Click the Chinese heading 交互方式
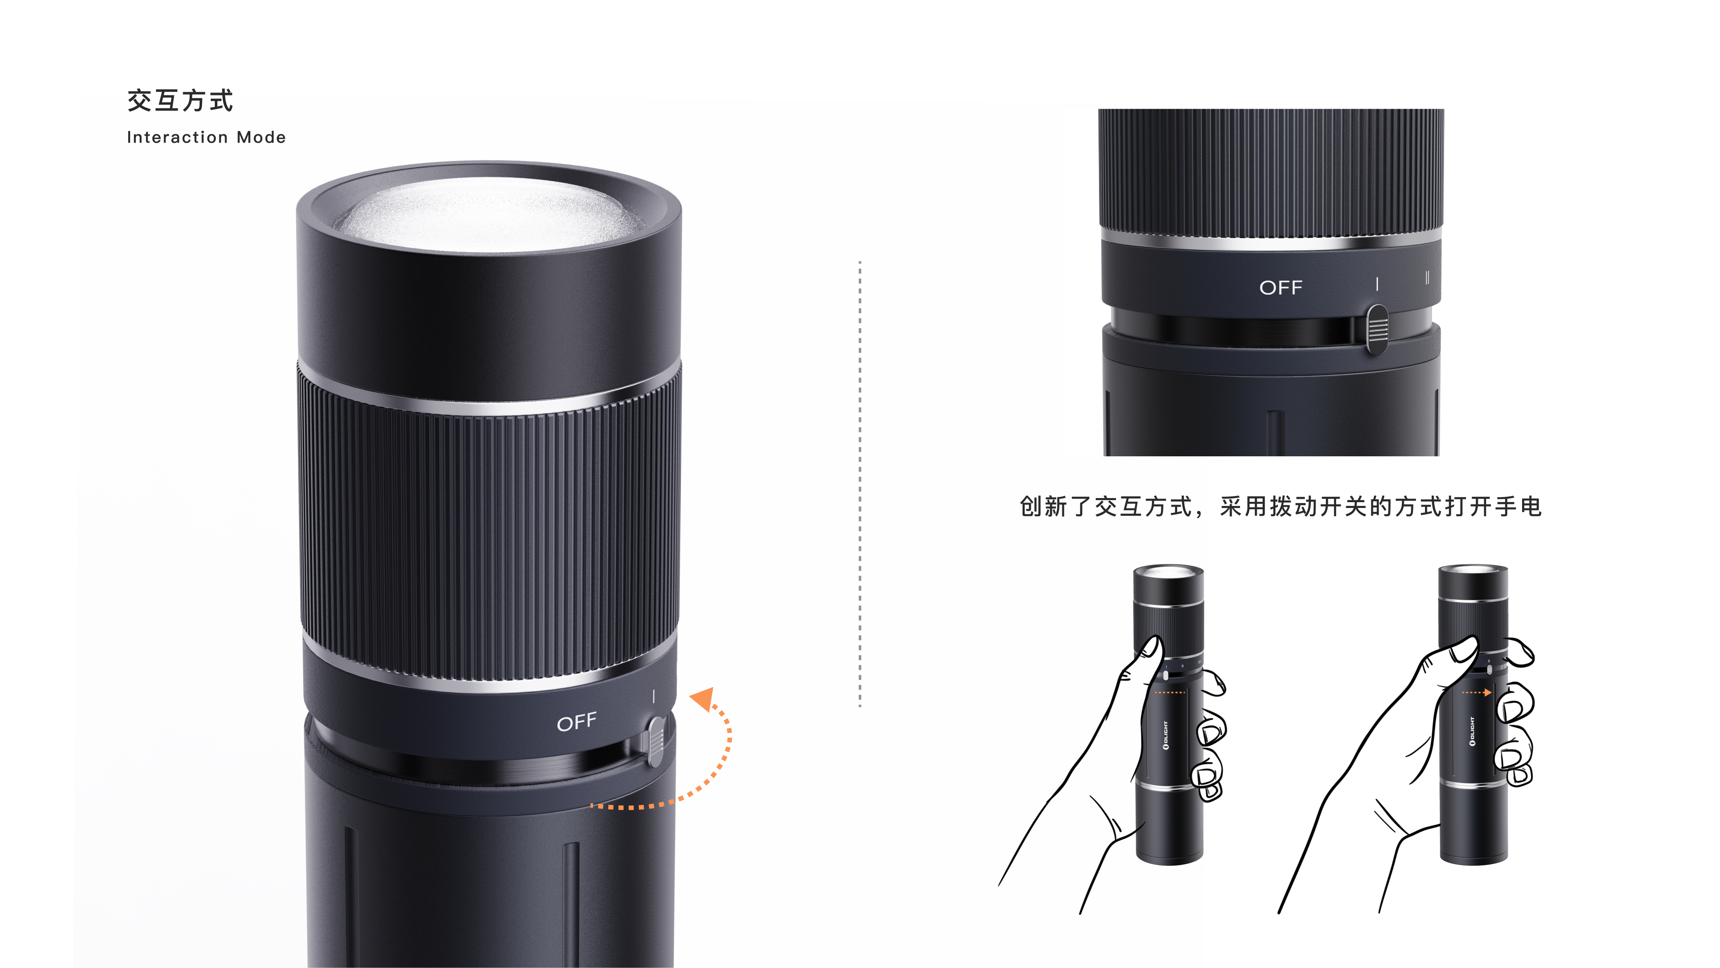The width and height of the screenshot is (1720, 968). tap(180, 101)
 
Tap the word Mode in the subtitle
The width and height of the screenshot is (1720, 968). tap(261, 138)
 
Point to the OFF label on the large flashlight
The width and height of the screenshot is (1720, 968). tap(576, 722)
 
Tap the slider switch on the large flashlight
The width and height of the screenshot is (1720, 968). tap(656, 741)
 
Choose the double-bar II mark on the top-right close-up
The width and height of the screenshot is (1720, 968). tap(1427, 278)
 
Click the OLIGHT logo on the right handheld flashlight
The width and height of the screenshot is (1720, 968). tap(1472, 732)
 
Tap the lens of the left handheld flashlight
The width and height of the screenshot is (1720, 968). tap(1168, 572)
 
